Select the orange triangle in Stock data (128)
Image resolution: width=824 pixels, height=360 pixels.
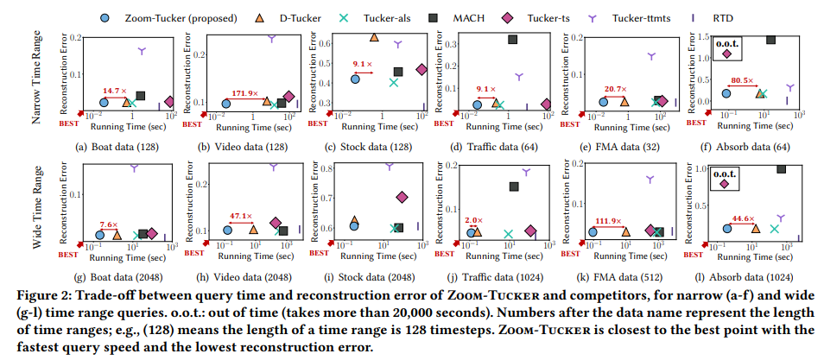click(374, 37)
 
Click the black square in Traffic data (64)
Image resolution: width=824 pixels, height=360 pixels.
click(513, 39)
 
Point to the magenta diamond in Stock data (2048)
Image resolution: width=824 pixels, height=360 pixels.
click(402, 197)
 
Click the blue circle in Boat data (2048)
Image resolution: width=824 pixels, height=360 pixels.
click(100, 233)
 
